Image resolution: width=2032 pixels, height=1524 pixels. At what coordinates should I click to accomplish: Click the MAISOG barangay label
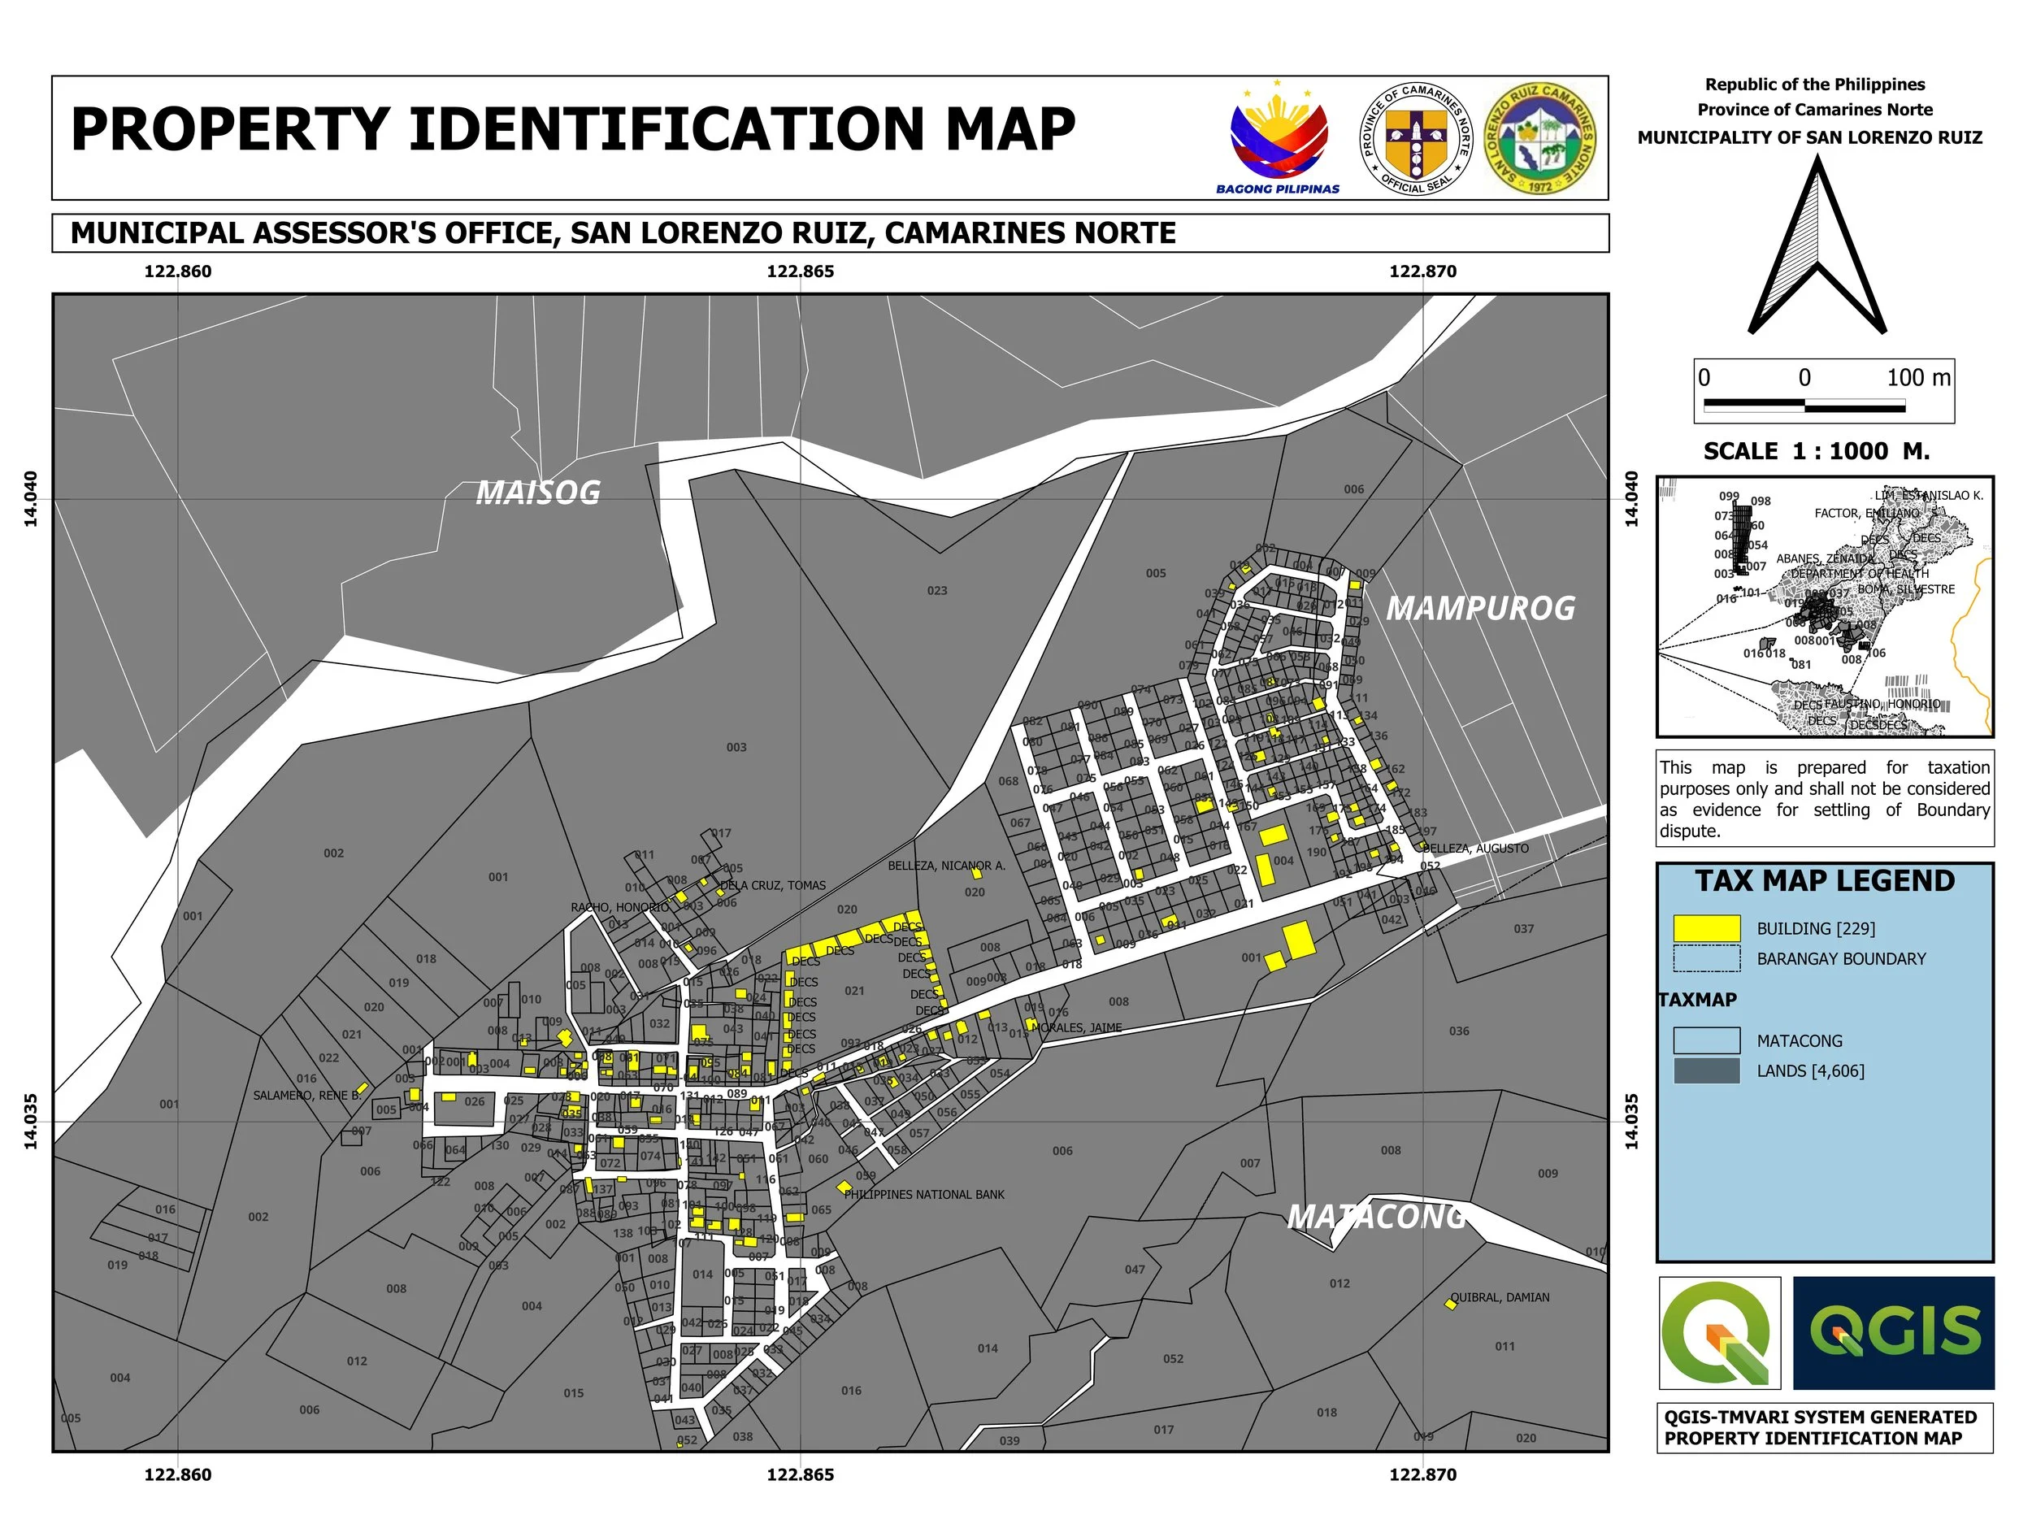[x=537, y=493]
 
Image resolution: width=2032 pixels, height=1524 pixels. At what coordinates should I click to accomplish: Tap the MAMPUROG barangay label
[x=1480, y=608]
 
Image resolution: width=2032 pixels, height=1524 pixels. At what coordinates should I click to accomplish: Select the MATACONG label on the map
[x=1376, y=1218]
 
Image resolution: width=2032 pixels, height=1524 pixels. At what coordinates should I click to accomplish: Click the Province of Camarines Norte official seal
[x=1416, y=138]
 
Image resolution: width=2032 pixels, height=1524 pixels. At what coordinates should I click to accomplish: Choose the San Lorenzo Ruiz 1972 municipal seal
[x=1540, y=138]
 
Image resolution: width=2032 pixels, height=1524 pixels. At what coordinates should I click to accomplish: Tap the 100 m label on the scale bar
[x=1918, y=378]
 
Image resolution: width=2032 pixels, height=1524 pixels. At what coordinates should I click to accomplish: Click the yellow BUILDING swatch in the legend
[x=1707, y=929]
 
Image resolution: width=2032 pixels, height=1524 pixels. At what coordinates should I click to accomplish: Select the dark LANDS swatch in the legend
[x=1707, y=1071]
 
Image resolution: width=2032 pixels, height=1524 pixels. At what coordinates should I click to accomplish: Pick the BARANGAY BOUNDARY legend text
[x=1841, y=959]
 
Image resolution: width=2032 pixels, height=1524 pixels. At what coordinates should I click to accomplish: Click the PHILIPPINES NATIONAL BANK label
[x=924, y=1195]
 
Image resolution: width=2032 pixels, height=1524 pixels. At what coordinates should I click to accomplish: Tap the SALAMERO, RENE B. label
[x=306, y=1096]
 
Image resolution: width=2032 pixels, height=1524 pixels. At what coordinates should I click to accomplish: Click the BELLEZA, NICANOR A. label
[x=946, y=866]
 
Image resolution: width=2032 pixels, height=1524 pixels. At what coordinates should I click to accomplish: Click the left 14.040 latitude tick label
[x=30, y=499]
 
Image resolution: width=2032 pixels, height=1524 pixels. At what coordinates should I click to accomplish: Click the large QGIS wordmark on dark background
[x=1893, y=1333]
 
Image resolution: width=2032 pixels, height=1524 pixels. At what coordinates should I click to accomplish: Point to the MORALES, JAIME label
[x=1079, y=1028]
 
